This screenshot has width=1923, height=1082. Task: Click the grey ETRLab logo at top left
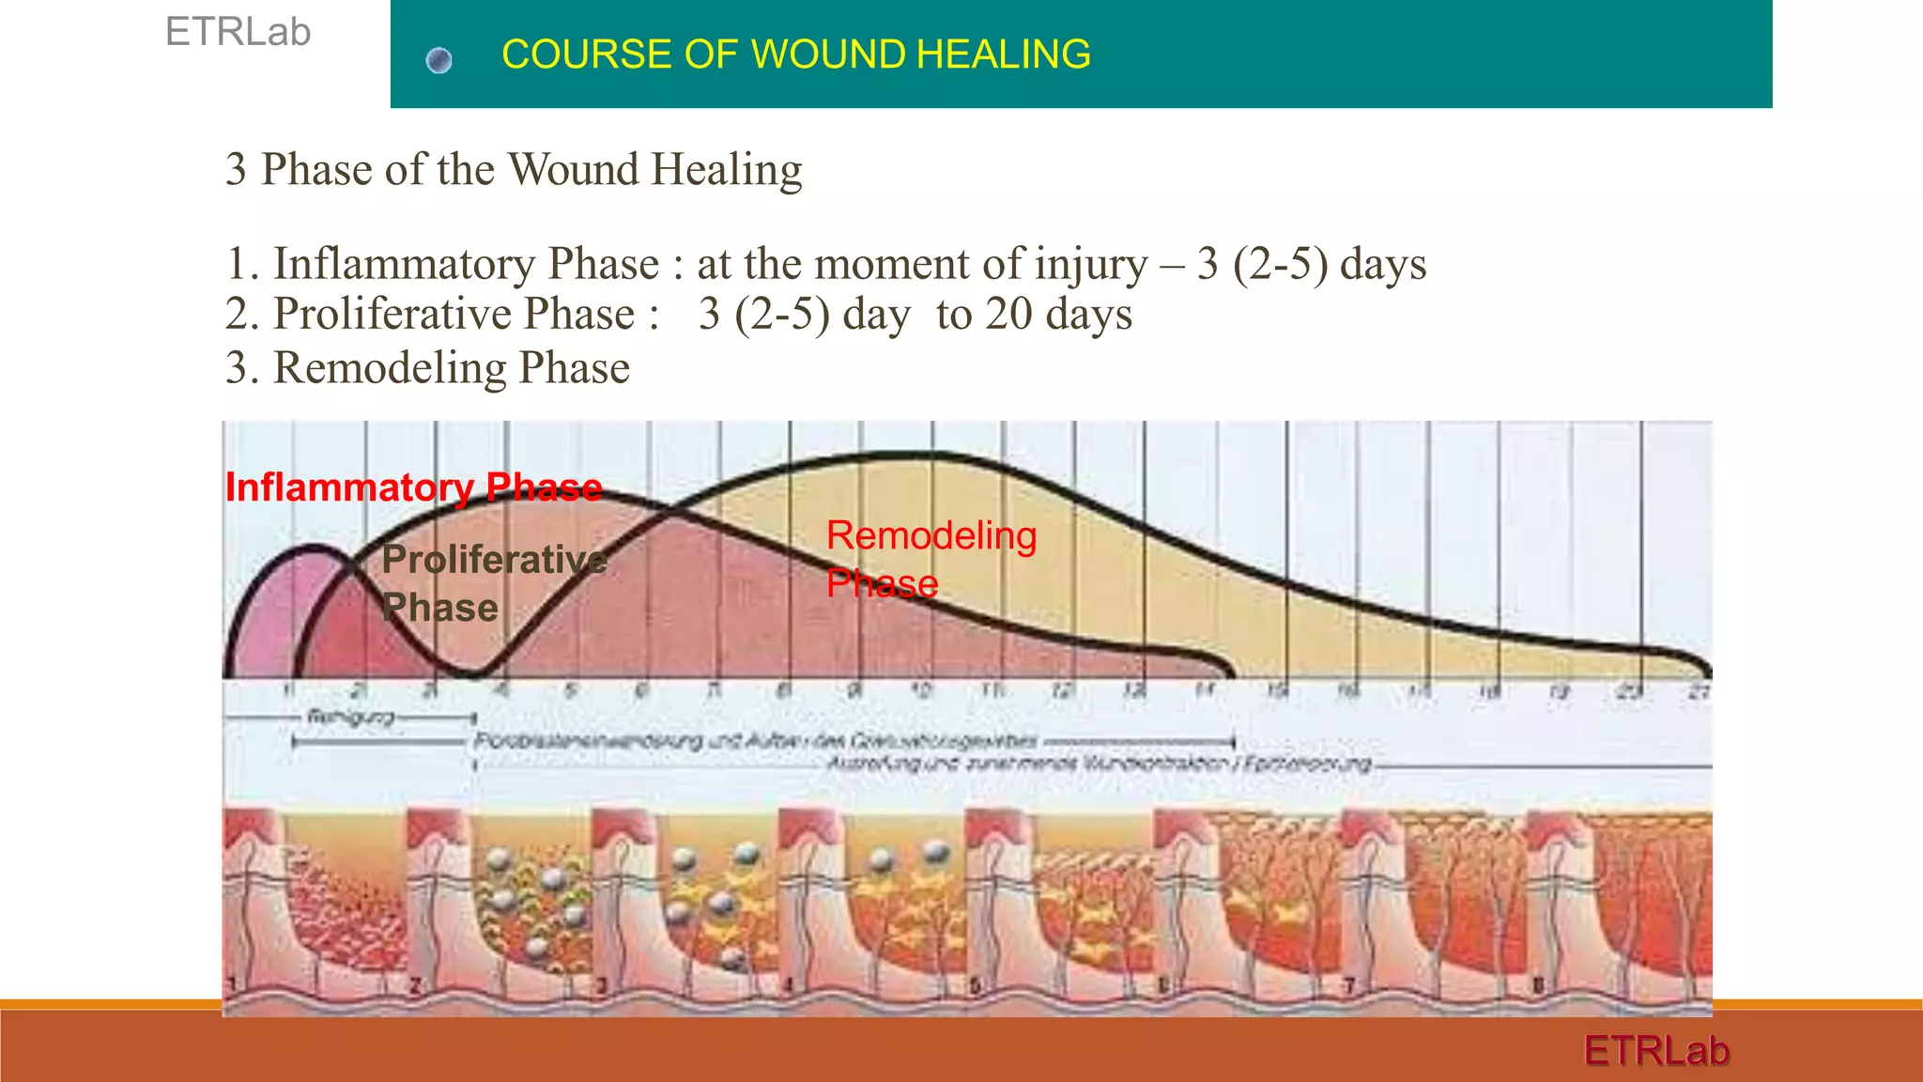pyautogui.click(x=238, y=32)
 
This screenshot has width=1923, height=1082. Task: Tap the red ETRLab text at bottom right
pyautogui.click(x=1656, y=1050)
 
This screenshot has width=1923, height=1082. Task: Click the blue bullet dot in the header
pyautogui.click(x=438, y=61)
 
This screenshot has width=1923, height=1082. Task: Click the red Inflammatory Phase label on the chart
pyautogui.click(x=413, y=487)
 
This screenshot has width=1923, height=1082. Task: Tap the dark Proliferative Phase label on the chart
pyautogui.click(x=493, y=582)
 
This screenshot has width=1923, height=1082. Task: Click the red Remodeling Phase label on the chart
pyautogui.click(x=930, y=559)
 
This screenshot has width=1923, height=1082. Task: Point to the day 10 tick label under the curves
pyautogui.click(x=922, y=691)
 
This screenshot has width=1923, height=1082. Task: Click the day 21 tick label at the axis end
pyautogui.click(x=1699, y=692)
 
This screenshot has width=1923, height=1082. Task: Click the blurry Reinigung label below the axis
pyautogui.click(x=350, y=718)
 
